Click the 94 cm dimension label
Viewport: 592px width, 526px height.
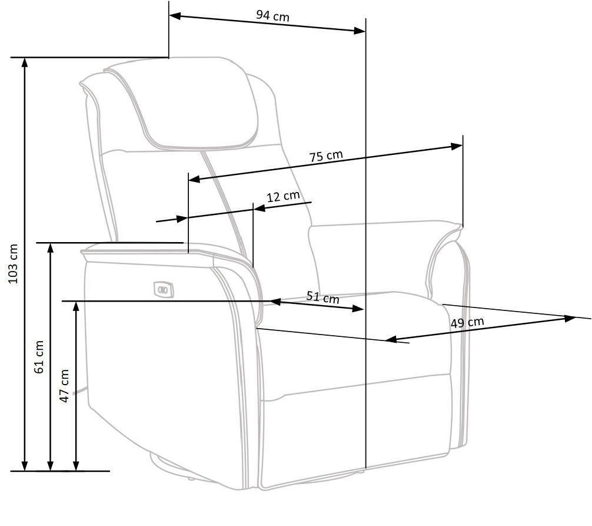click(272, 15)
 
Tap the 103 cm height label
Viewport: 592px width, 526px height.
click(13, 264)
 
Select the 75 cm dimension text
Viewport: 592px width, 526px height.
click(326, 156)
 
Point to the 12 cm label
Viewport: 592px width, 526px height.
click(283, 196)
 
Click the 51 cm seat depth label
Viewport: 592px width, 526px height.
click(323, 297)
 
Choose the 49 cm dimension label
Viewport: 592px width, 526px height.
click(467, 322)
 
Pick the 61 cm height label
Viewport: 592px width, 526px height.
click(39, 357)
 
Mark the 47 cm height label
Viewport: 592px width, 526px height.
click(65, 386)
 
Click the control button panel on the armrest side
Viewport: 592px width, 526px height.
click(164, 289)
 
